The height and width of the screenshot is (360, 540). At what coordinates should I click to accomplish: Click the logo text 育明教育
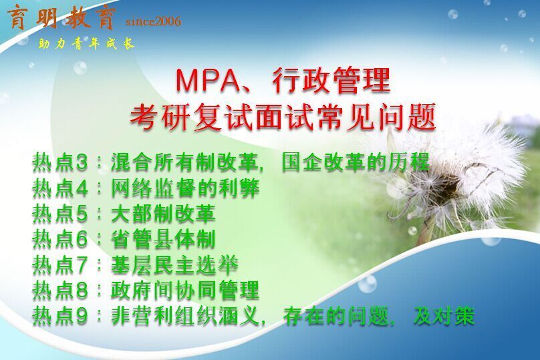pyautogui.click(x=61, y=18)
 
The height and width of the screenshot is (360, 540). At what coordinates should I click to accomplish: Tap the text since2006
pyautogui.click(x=153, y=21)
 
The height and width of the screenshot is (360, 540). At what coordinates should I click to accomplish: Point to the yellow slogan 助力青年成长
pyautogui.click(x=86, y=43)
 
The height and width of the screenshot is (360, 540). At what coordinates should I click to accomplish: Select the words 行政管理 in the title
pyautogui.click(x=331, y=80)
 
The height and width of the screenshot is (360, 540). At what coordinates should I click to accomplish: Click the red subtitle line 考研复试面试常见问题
pyautogui.click(x=283, y=117)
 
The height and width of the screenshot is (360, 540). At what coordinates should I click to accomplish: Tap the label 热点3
pyautogui.click(x=60, y=162)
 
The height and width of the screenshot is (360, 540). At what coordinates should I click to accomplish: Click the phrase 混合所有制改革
pyautogui.click(x=184, y=162)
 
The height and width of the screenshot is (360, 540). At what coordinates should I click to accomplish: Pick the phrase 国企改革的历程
pyautogui.click(x=356, y=162)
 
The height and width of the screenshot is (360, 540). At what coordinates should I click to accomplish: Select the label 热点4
pyautogui.click(x=60, y=188)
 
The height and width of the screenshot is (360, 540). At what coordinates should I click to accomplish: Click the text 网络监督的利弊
pyautogui.click(x=185, y=188)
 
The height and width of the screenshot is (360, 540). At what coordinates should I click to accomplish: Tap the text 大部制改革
pyautogui.click(x=163, y=213)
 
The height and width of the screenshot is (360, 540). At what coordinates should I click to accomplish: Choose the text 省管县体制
pyautogui.click(x=163, y=239)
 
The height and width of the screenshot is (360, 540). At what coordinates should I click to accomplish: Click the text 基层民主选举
pyautogui.click(x=174, y=264)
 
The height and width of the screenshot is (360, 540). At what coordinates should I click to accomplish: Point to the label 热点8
pyautogui.click(x=60, y=290)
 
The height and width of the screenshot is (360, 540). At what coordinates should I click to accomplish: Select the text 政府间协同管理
pyautogui.click(x=185, y=290)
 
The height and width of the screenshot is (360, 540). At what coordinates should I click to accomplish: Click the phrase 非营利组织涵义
pyautogui.click(x=185, y=316)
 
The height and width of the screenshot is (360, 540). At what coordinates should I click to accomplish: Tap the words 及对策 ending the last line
pyautogui.click(x=444, y=316)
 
